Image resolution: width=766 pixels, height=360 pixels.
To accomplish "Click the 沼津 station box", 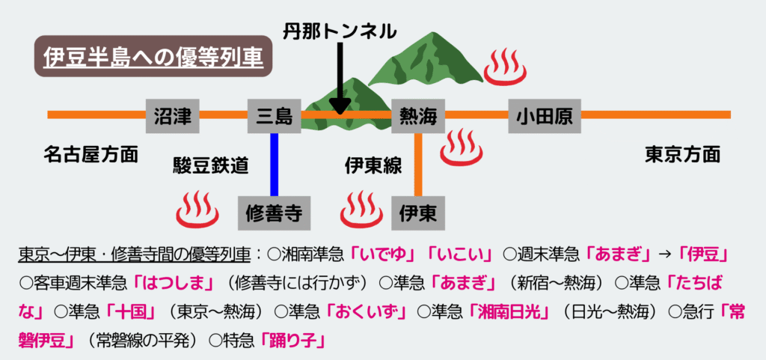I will click(173, 115).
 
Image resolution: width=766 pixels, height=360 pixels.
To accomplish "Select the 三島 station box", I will click(275, 115).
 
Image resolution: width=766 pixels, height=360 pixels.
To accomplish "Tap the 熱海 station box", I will click(418, 115).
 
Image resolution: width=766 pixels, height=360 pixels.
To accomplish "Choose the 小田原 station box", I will click(544, 115).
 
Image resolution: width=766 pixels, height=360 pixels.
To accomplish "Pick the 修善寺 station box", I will click(273, 213).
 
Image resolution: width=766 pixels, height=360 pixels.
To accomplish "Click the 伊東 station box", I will click(418, 213).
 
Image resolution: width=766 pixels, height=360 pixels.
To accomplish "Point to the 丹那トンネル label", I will click(339, 31).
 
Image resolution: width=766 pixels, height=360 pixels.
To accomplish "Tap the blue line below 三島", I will click(275, 165).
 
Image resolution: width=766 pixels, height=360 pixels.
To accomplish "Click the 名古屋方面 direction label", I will click(91, 155).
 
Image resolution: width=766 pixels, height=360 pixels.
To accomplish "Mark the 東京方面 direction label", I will click(682, 155).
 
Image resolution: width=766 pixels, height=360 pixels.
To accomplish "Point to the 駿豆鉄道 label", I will click(210, 166).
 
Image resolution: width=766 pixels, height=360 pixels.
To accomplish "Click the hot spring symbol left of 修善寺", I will click(197, 210).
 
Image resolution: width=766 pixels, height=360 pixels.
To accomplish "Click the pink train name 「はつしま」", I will click(171, 284).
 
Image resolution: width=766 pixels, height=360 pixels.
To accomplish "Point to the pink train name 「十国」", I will click(133, 312).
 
